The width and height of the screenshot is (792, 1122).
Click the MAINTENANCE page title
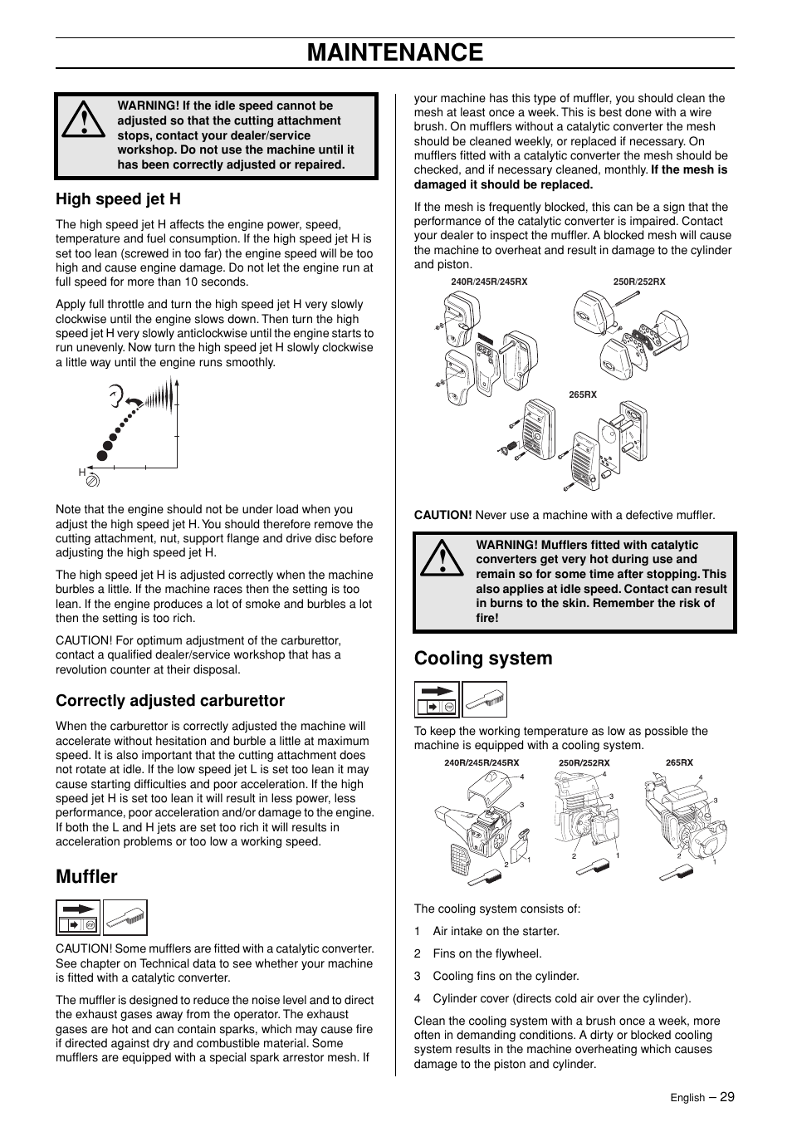point(395,52)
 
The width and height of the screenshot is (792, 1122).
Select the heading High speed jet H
point(118,198)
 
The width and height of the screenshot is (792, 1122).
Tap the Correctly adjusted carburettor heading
point(170,700)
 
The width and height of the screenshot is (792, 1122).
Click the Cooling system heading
point(483,658)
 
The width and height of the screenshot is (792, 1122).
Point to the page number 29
point(727,1096)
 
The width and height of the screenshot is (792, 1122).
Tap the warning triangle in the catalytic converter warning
point(442,559)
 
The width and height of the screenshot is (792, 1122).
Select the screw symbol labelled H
point(93,479)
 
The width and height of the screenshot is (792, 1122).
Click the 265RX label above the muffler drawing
point(583,395)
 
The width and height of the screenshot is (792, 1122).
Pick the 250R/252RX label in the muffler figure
point(638,282)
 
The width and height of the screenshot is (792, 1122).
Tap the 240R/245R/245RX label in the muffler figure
point(489,282)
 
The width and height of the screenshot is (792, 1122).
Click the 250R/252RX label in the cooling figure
point(584,762)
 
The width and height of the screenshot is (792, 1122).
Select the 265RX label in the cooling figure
point(679,762)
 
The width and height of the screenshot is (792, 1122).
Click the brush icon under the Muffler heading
point(125,918)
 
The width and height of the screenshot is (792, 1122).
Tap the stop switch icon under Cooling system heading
point(437,699)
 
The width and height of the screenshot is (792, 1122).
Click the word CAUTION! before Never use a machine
point(442,515)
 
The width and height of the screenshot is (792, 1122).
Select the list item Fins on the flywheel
point(486,953)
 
